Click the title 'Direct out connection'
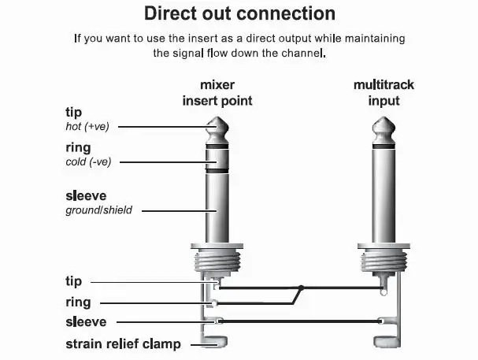click(x=239, y=13)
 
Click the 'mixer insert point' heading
click(x=217, y=92)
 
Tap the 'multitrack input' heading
click(x=384, y=92)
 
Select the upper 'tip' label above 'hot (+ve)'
click(x=73, y=113)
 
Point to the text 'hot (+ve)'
click(x=87, y=126)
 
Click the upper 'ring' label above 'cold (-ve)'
click(x=77, y=147)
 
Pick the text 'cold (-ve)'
click(x=89, y=161)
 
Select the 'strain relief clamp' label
click(x=124, y=343)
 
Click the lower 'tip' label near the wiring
click(x=73, y=281)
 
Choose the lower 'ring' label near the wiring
click(x=77, y=302)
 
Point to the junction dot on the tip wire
click(x=300, y=288)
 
